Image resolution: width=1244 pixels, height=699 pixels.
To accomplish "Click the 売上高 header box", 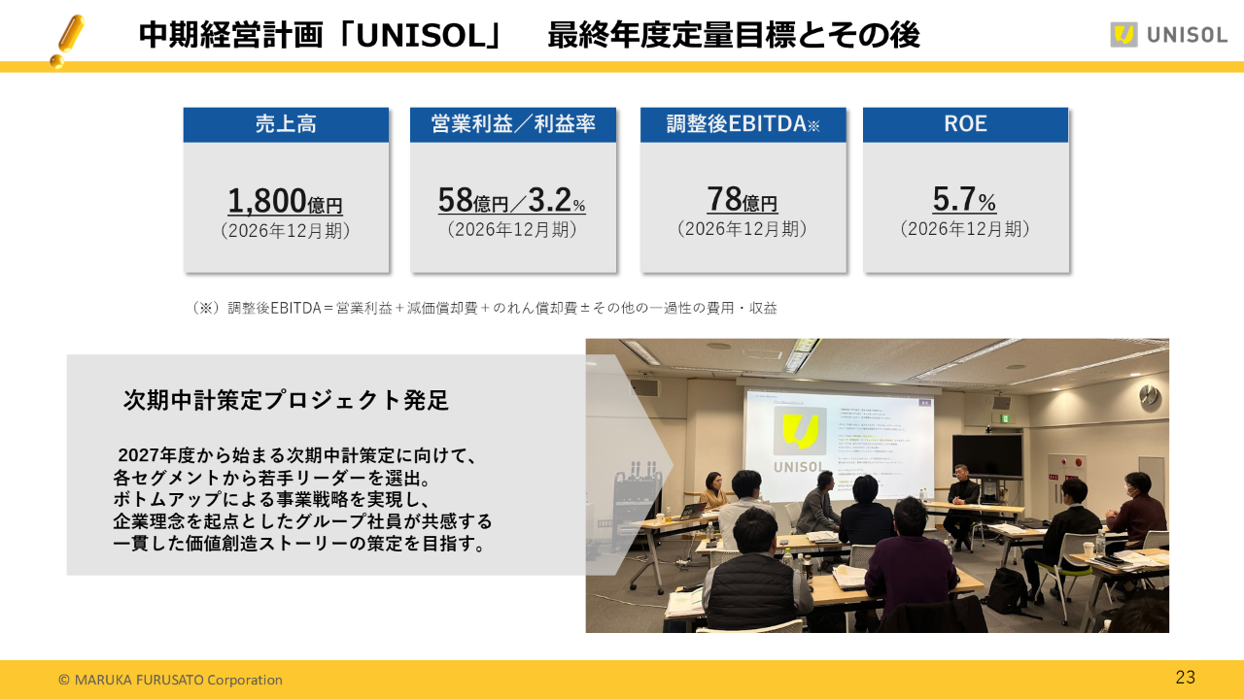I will (286, 124).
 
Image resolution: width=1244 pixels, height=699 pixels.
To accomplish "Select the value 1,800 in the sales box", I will (267, 201).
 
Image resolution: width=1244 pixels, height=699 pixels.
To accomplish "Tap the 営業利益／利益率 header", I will (512, 124).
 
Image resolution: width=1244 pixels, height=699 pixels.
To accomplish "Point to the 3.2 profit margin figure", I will (549, 200).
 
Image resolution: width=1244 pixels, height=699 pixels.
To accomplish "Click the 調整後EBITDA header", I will (743, 124).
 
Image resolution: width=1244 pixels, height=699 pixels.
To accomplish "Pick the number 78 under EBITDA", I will (725, 199).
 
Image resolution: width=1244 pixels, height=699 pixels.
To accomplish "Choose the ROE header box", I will (965, 124).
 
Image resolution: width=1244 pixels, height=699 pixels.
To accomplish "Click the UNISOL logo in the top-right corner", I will (1168, 35).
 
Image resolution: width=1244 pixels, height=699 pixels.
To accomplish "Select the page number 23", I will (1185, 678).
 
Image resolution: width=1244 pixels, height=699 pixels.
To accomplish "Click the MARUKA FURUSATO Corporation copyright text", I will (170, 680).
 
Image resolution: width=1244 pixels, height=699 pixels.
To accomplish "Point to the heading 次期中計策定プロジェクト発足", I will (286, 400).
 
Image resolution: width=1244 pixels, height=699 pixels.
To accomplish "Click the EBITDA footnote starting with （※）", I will (484, 308).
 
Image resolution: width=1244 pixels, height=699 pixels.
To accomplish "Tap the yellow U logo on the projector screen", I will (799, 431).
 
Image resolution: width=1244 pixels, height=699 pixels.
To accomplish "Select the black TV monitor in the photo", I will (986, 455).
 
